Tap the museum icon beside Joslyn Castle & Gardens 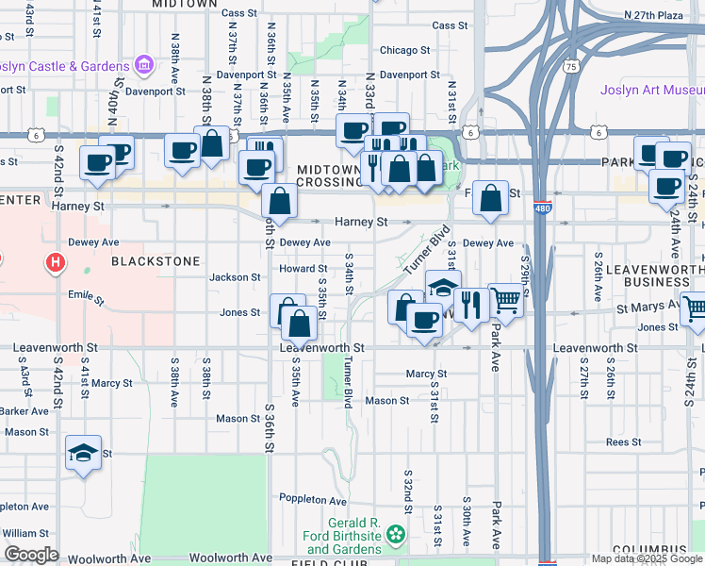coord(143,65)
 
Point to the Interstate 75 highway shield coord(570,66)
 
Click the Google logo coord(31,555)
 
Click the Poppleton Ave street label coord(312,498)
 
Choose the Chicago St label coord(404,50)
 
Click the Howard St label coord(302,269)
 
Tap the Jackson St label coord(235,277)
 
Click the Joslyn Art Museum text coord(651,91)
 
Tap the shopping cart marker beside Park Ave coord(506,300)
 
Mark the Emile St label coord(82,297)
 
